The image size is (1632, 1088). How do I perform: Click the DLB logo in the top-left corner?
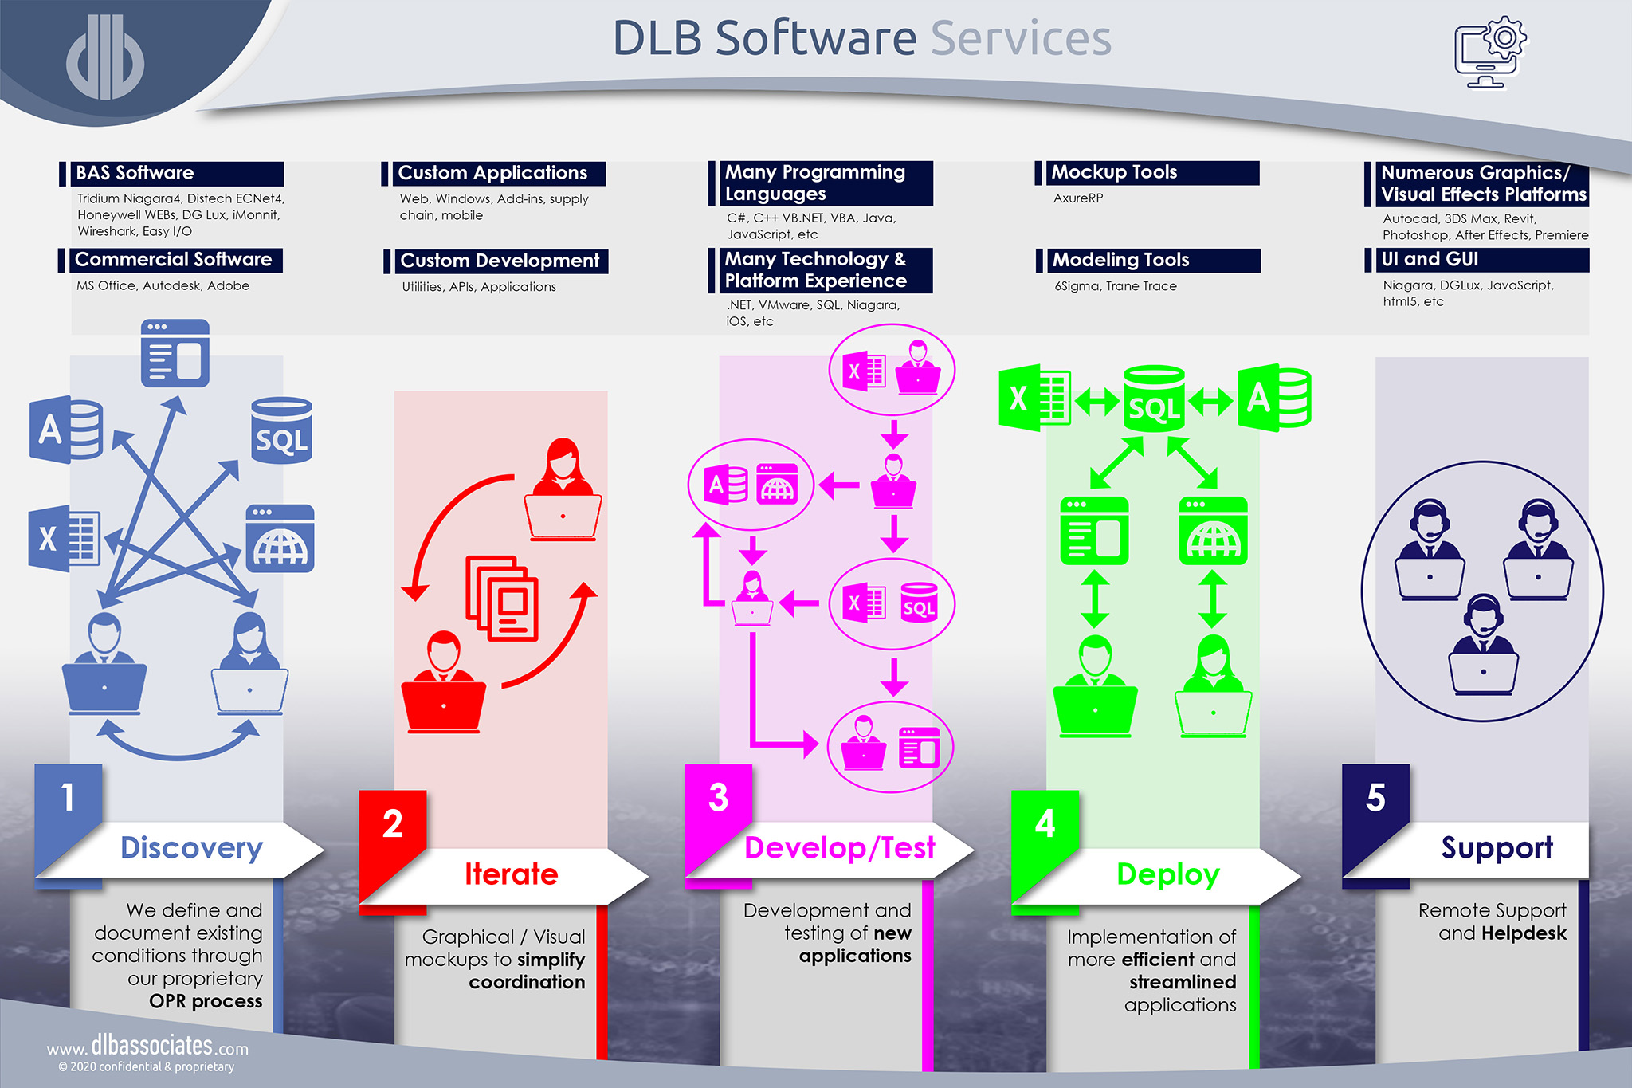click(x=105, y=57)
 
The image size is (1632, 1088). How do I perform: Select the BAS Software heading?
click(x=135, y=173)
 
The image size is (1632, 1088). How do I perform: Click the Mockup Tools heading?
click(x=1114, y=172)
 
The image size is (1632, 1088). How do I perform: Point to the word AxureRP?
click(x=1078, y=198)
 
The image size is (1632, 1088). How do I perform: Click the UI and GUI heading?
click(x=1430, y=260)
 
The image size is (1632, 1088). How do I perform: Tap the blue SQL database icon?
click(x=281, y=430)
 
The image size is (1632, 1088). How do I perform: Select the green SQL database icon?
click(x=1154, y=399)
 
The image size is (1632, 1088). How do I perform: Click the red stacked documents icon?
click(x=502, y=598)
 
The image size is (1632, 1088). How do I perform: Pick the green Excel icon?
click(x=1034, y=398)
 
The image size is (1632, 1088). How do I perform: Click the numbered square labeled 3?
click(x=718, y=797)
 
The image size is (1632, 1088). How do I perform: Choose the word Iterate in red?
click(x=511, y=874)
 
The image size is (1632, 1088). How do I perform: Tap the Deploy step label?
click(x=1167, y=874)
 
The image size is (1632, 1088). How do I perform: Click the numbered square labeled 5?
click(x=1375, y=797)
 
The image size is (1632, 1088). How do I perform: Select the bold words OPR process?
click(x=206, y=1001)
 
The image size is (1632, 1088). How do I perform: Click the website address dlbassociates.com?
click(x=147, y=1046)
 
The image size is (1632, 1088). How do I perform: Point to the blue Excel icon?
click(x=64, y=539)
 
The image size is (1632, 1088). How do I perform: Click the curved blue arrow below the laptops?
click(x=179, y=745)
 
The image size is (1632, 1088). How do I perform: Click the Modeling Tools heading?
click(x=1120, y=260)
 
